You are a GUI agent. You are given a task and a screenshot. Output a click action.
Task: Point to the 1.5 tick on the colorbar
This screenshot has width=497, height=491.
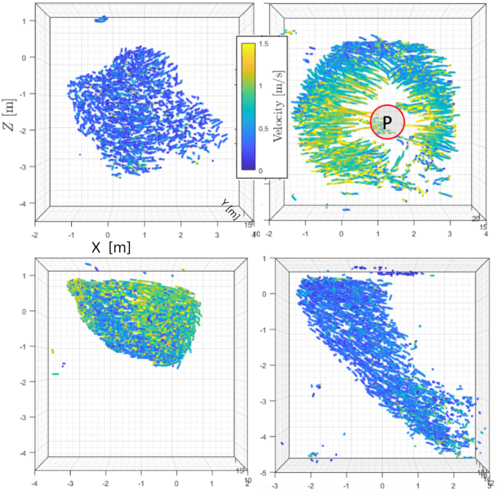click(265, 43)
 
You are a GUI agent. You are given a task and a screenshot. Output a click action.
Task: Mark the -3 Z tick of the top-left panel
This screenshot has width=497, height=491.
click(25, 167)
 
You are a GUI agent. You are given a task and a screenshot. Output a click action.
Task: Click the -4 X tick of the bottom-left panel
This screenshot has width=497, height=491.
click(35, 483)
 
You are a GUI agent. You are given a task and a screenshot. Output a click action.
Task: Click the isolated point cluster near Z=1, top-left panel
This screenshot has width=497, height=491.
click(101, 19)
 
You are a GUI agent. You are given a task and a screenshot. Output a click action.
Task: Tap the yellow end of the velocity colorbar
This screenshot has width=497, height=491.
click(246, 47)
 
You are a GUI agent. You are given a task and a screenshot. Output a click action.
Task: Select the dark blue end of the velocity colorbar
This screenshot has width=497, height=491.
click(246, 167)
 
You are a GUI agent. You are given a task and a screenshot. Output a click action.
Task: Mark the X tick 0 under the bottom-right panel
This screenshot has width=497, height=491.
click(382, 484)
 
